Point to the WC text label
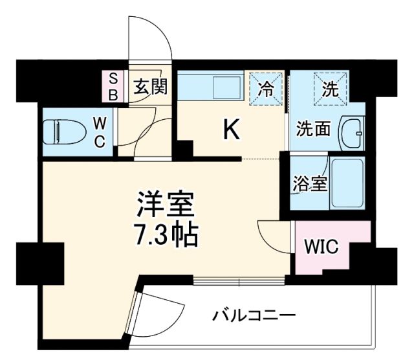tap(100, 133)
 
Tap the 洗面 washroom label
tap(314, 128)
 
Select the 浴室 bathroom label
tap(309, 183)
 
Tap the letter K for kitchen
tap(231, 131)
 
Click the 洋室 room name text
tap(165, 207)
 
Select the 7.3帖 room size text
tap(166, 237)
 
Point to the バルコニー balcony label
tap(253, 317)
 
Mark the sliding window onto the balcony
tap(239, 281)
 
